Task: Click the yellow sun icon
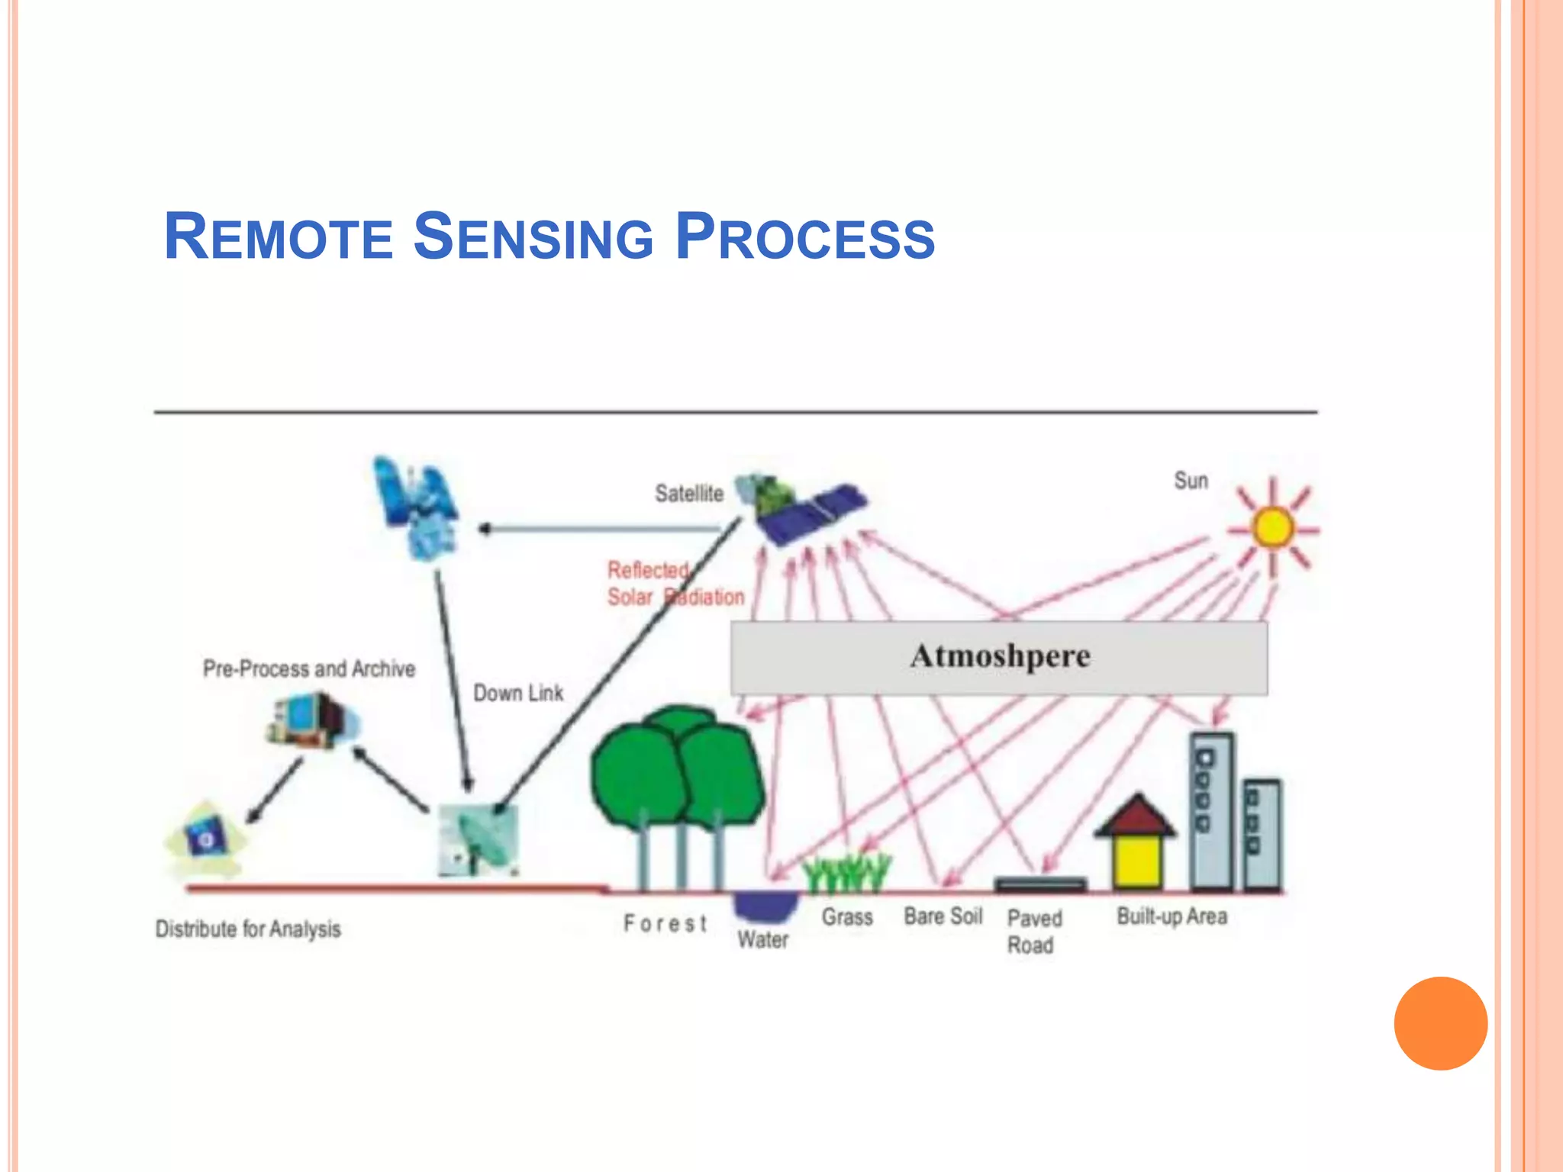point(1272,527)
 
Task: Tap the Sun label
point(1191,481)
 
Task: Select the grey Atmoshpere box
point(999,657)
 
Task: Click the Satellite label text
point(688,494)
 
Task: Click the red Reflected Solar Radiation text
point(675,584)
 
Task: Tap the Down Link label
point(518,693)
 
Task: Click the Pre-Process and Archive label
point(309,669)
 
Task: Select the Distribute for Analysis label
point(248,929)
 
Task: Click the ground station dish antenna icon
point(479,840)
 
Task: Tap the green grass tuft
point(847,874)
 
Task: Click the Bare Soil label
point(943,916)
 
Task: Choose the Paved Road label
point(1033,931)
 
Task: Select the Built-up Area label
point(1171,916)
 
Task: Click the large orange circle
point(1440,1023)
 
